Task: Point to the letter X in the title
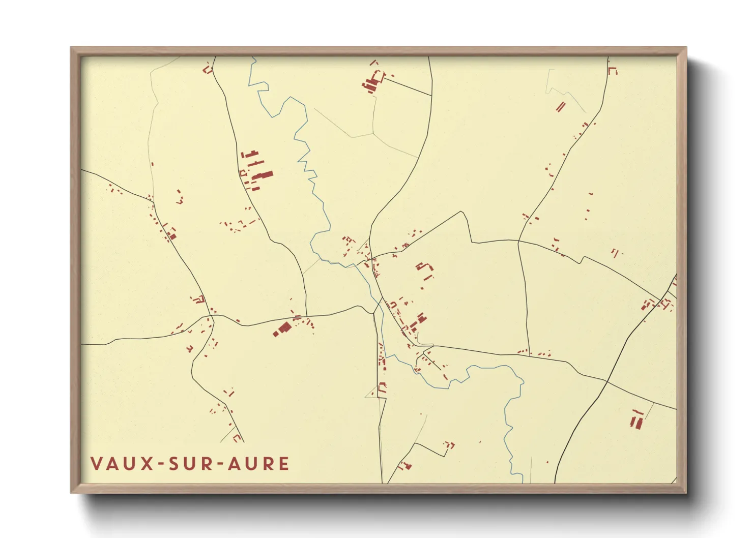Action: [147, 464]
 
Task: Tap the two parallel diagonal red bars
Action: [561, 107]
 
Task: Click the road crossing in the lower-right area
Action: [607, 381]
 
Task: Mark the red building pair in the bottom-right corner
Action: [636, 420]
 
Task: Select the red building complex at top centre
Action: [373, 82]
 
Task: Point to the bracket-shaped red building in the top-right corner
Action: [612, 70]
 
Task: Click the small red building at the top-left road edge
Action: [207, 69]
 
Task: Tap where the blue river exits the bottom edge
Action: [522, 481]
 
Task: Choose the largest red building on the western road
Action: [281, 329]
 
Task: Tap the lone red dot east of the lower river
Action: [547, 462]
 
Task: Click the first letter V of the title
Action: [96, 464]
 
